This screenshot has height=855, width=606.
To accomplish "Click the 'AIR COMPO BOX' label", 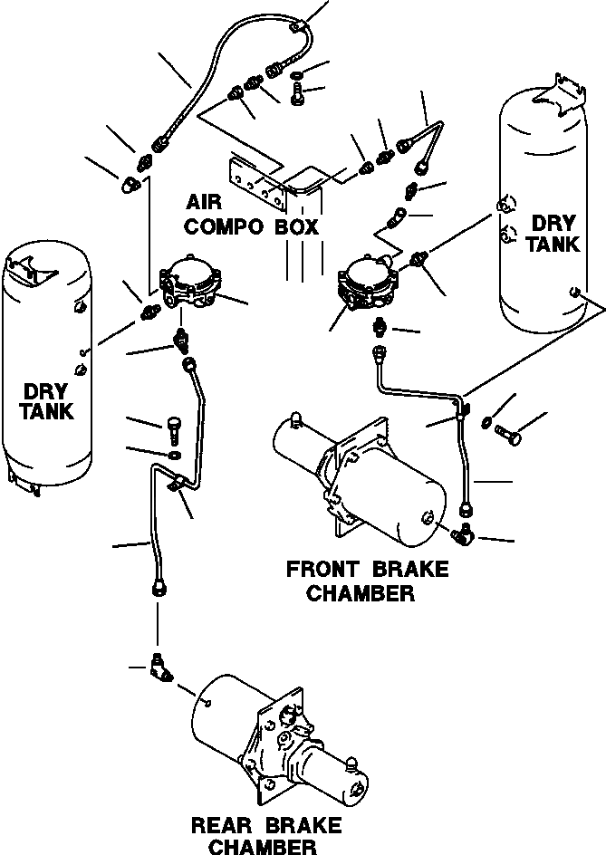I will [x=253, y=213].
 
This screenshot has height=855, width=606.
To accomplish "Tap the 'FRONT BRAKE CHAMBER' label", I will [x=367, y=581].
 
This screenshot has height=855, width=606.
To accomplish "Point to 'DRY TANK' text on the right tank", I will [x=553, y=233].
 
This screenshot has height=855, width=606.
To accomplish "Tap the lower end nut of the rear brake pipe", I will [x=158, y=588].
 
